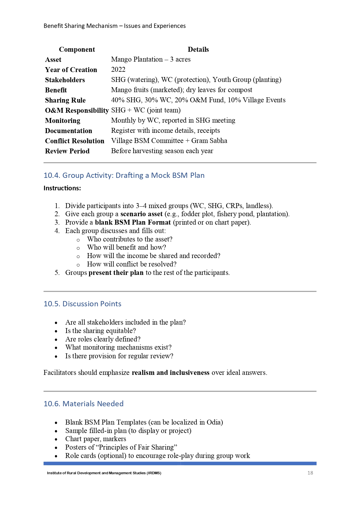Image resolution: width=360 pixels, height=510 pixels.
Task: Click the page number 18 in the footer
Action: pyautogui.click(x=310, y=473)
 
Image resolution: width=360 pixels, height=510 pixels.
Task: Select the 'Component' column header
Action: pyautogui.click(x=77, y=49)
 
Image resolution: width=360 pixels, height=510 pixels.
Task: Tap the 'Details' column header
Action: pyautogui.click(x=198, y=49)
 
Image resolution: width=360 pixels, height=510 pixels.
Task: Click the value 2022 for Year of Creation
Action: pyautogui.click(x=118, y=69)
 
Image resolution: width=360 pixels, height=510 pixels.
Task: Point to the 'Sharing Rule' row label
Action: pyautogui.click(x=65, y=100)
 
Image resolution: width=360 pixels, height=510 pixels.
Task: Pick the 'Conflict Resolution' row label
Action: pyautogui.click(x=75, y=141)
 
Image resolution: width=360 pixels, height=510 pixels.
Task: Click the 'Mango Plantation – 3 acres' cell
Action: pyautogui.click(x=151, y=59)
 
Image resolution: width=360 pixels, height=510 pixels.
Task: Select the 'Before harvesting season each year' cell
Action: pyautogui.click(x=162, y=151)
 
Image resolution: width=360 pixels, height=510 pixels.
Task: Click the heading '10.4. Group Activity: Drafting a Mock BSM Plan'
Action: pyautogui.click(x=124, y=175)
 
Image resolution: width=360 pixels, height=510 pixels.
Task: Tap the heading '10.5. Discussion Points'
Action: pyautogui.click(x=82, y=304)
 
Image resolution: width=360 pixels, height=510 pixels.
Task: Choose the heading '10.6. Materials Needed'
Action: pyautogui.click(x=84, y=404)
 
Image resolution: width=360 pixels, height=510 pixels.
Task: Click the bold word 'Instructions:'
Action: pyautogui.click(x=62, y=188)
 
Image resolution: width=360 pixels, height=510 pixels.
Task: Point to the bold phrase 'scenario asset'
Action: pyautogui.click(x=141, y=214)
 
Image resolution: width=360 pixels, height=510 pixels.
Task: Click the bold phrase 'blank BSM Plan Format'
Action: pyautogui.click(x=133, y=222)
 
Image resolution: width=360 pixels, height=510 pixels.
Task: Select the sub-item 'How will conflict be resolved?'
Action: pyautogui.click(x=132, y=264)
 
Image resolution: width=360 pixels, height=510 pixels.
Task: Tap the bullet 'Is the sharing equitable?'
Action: pyautogui.click(x=100, y=331)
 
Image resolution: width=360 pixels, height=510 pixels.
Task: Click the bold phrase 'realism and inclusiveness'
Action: pyautogui.click(x=170, y=373)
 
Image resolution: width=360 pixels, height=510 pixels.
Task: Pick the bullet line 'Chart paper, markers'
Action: pyautogui.click(x=96, y=439)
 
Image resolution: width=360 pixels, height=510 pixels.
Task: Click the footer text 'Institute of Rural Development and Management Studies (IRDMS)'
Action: pyautogui.click(x=104, y=473)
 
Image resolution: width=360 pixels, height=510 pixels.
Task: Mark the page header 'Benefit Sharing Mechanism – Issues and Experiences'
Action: pyautogui.click(x=115, y=26)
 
